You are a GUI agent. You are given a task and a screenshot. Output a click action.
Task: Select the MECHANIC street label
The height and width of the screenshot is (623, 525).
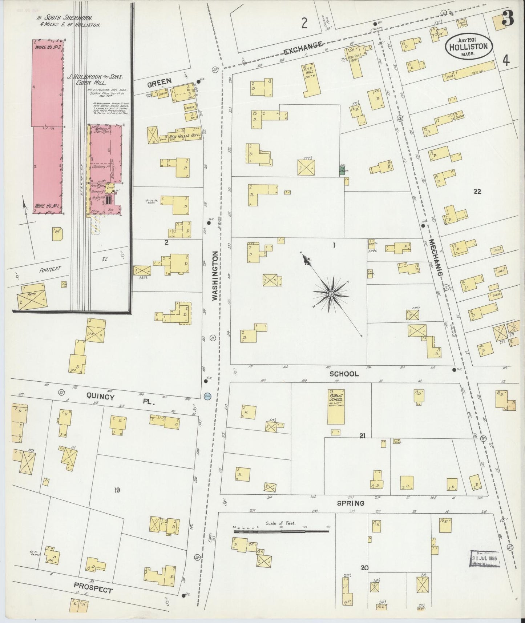click(436, 258)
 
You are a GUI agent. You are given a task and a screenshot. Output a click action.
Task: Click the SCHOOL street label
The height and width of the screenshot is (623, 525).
click(344, 374)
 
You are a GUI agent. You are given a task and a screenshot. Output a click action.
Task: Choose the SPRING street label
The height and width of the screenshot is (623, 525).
click(350, 503)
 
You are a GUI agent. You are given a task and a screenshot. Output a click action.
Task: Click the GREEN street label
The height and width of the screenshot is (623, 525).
click(159, 83)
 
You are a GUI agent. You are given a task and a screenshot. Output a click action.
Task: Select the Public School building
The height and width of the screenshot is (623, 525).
click(336, 406)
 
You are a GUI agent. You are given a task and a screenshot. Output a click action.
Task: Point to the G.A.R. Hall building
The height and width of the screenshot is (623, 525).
click(310, 79)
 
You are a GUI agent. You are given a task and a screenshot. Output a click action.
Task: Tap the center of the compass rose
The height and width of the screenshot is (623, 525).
click(331, 293)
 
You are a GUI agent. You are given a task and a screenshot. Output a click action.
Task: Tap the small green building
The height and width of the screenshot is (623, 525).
click(342, 171)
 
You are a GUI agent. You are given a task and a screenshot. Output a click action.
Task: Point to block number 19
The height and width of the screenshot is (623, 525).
click(117, 490)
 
